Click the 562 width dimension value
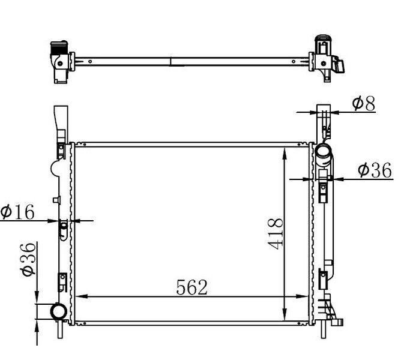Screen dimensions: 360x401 (x=191, y=287)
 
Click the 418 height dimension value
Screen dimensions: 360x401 (x=276, y=234)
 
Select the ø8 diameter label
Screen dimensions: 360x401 (x=363, y=104)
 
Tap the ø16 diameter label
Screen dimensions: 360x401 (x=17, y=211)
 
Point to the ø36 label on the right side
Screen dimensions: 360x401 (x=374, y=170)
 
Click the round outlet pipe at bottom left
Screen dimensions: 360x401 (x=59, y=311)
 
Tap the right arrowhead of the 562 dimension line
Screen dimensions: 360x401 (x=307, y=296)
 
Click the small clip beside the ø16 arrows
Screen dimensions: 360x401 (x=63, y=228)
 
